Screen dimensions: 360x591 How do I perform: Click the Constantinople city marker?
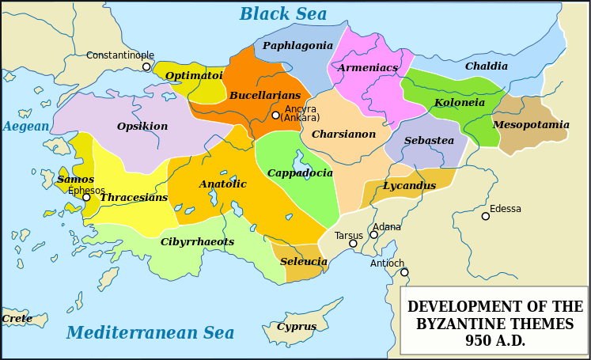point(146,67)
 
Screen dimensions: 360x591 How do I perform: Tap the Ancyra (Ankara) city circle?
point(275,116)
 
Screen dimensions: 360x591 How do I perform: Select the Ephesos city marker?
point(86,198)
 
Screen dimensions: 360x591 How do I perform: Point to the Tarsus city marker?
point(353,244)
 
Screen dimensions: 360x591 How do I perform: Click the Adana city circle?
point(373,235)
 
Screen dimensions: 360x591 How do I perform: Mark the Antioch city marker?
point(404,272)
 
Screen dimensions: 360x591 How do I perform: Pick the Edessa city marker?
point(486,216)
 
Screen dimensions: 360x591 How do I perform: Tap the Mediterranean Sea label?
point(150,332)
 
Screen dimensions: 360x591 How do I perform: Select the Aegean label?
point(25,127)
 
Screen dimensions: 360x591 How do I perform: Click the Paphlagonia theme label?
point(297,46)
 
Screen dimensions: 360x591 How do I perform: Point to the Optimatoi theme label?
point(194,76)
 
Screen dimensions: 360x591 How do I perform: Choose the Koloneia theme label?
point(460,103)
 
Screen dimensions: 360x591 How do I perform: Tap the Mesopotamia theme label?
point(531,125)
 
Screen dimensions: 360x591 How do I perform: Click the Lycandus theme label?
point(409,186)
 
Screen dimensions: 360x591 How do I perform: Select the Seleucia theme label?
point(304,262)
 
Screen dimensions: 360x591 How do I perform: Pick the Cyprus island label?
point(297,327)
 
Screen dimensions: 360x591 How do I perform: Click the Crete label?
point(17,319)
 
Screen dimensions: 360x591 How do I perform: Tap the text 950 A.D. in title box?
point(495,341)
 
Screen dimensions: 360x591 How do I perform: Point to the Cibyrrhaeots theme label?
point(197,242)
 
